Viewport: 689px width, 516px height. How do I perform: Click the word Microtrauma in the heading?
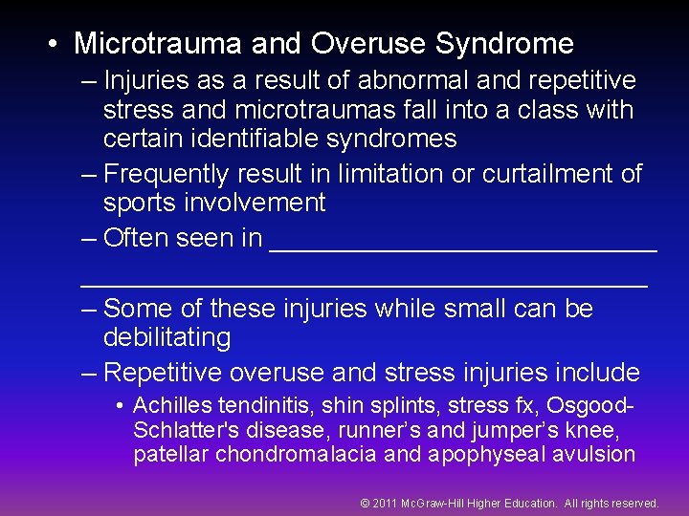click(x=155, y=44)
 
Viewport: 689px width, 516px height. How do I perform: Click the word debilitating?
click(x=167, y=337)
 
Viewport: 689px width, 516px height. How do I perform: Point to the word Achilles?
click(x=169, y=405)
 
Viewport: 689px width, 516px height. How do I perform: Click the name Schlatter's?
click(x=179, y=429)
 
